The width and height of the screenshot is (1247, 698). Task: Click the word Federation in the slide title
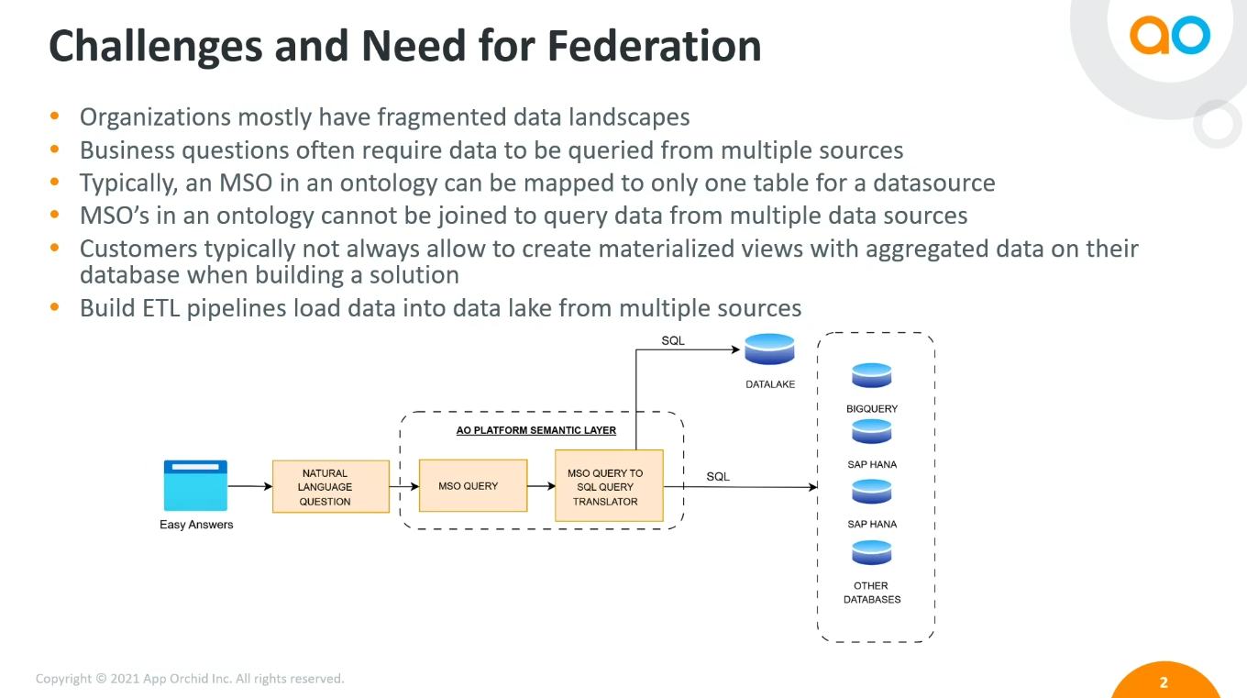pos(654,46)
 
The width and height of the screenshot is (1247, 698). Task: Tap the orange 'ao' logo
pos(1169,35)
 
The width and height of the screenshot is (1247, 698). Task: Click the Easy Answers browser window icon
pos(195,485)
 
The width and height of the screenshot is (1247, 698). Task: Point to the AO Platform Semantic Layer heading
pos(536,430)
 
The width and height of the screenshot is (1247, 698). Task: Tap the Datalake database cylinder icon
pos(769,349)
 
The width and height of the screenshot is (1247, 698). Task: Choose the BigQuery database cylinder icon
pos(871,375)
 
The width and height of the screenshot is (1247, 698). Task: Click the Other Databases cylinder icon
pos(871,552)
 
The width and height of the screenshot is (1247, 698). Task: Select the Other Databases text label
pos(871,593)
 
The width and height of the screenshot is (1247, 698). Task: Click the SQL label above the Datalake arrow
pos(673,341)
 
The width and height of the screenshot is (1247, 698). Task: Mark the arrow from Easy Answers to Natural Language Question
pos(249,486)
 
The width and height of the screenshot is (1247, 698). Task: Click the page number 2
pos(1164,682)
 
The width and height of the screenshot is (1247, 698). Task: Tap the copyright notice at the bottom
pos(190,679)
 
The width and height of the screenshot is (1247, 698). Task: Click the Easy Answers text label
pos(196,525)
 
